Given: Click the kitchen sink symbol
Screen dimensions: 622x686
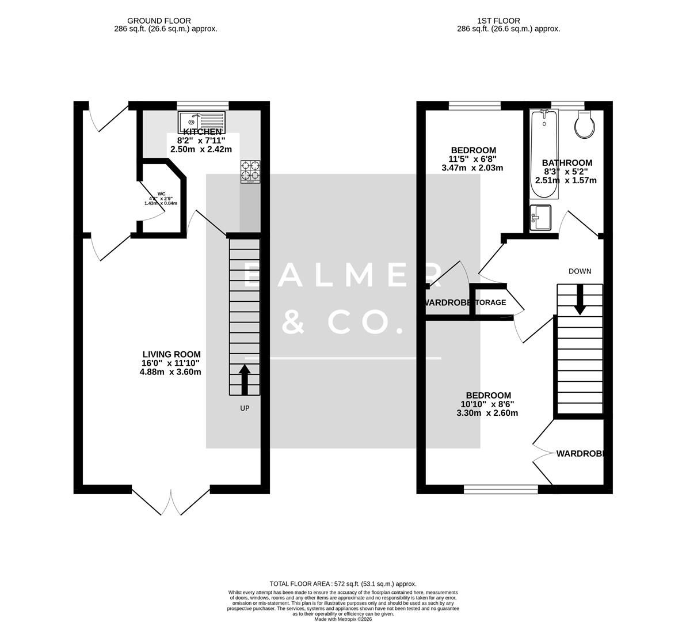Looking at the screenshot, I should (202, 122).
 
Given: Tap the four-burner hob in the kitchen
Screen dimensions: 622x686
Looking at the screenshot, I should (250, 171).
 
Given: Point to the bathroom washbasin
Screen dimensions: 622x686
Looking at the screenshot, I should (540, 218).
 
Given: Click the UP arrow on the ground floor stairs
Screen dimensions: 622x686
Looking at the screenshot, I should (245, 380).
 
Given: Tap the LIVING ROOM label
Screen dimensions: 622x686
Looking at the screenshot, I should (171, 354).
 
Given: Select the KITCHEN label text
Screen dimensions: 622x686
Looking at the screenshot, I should (202, 132).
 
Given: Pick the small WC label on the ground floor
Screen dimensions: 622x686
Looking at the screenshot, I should (161, 194).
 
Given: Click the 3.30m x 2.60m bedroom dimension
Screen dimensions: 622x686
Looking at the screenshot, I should (487, 413).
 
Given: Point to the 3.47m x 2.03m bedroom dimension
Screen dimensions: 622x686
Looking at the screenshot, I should (472, 168).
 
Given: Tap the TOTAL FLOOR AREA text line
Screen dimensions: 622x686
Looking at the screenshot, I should (343, 583).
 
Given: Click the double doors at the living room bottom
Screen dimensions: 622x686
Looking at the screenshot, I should (171, 502).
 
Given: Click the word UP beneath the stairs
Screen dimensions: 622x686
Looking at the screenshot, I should (245, 408).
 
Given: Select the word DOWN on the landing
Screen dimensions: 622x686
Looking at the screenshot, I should (580, 271).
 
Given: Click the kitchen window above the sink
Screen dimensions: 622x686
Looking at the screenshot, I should (203, 105).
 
